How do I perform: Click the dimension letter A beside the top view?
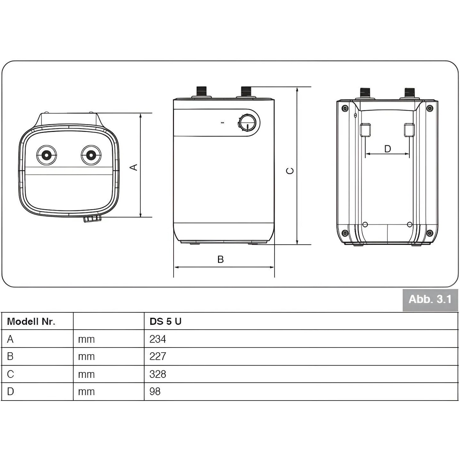pyautogui.click(x=134, y=167)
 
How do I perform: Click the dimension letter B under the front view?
pyautogui.click(x=220, y=259)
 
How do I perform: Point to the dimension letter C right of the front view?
pyautogui.click(x=290, y=171)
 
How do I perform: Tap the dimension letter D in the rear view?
pyautogui.click(x=388, y=149)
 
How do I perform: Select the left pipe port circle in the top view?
pyautogui.click(x=47, y=155)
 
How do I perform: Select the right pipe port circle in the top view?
pyautogui.click(x=91, y=155)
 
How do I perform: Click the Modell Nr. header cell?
pyautogui.click(x=31, y=321)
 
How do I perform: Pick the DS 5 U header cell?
pyautogui.click(x=166, y=321)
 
